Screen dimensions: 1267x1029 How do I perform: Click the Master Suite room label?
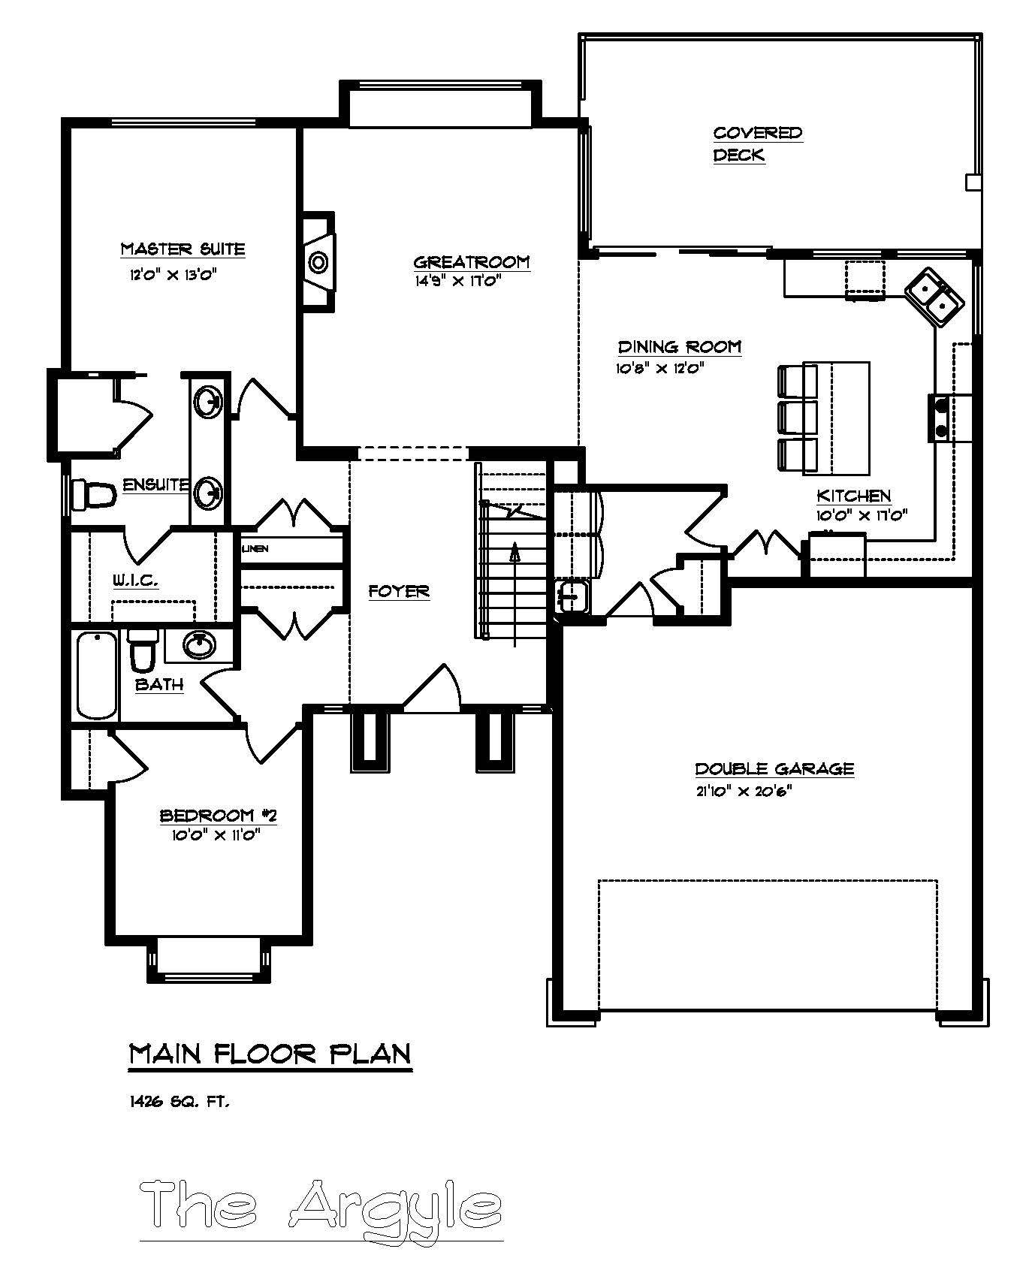(183, 249)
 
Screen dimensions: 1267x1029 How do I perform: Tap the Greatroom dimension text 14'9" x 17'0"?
(457, 281)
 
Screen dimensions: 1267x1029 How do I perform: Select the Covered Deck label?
(757, 143)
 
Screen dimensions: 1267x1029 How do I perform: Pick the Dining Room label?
(679, 347)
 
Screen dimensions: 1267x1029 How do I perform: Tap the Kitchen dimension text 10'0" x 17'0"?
(862, 515)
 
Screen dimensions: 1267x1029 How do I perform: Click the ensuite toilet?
(93, 495)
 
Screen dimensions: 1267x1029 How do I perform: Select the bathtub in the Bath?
(97, 675)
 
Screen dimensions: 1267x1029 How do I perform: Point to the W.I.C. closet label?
(135, 580)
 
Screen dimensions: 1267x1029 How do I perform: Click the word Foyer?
(399, 592)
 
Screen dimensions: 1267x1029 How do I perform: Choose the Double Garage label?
(774, 768)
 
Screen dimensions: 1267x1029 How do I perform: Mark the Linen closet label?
(255, 549)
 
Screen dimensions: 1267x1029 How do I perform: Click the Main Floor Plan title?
(270, 1054)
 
